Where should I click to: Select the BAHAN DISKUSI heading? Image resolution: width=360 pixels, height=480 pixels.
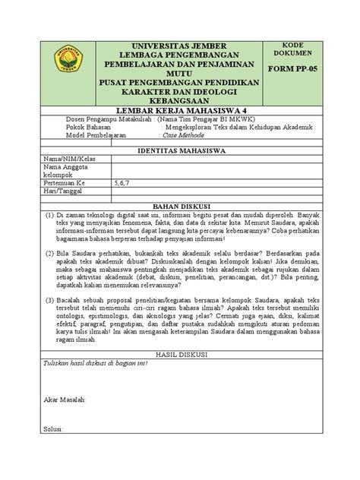[x=180, y=205]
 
